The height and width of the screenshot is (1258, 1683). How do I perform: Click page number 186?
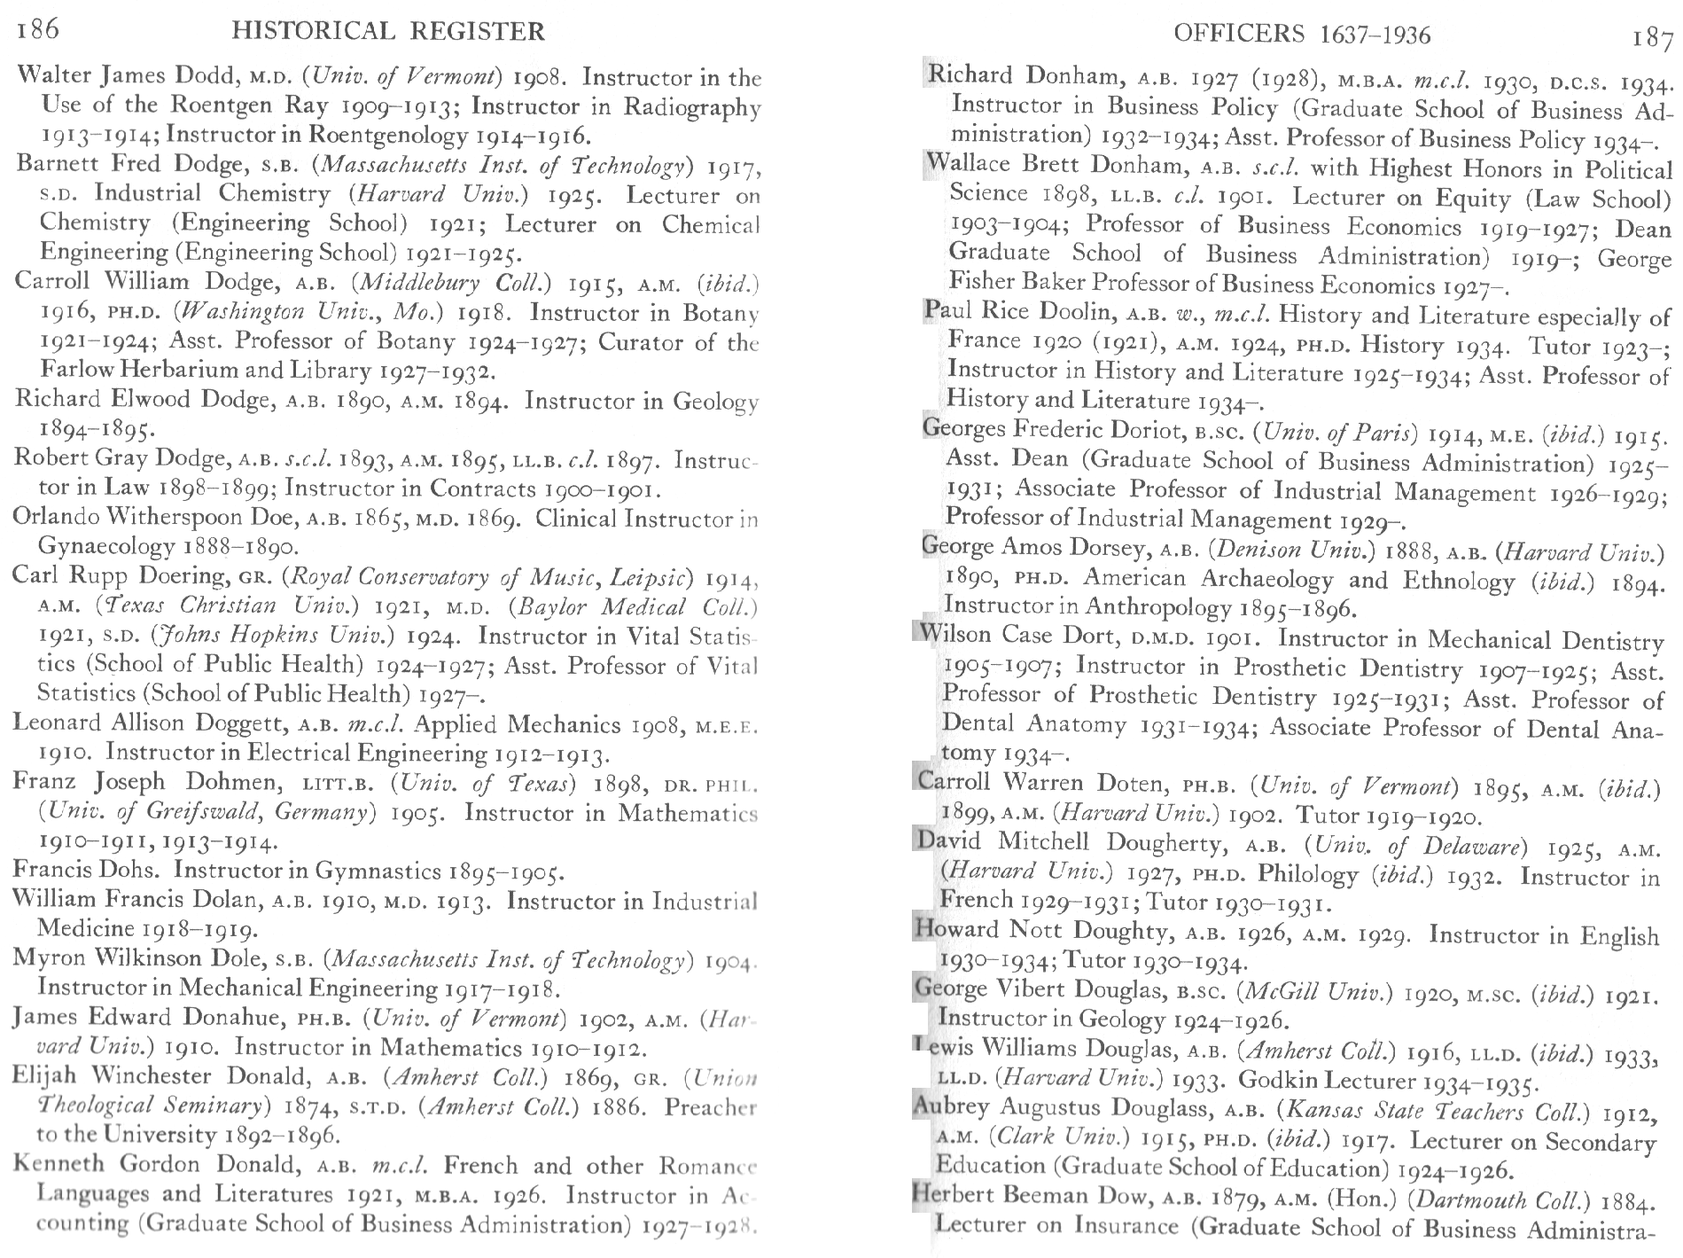(37, 29)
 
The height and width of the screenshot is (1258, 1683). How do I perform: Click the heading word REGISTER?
(480, 33)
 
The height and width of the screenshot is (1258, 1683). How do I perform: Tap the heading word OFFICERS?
(1239, 35)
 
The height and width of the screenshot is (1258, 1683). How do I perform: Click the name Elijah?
(46, 1076)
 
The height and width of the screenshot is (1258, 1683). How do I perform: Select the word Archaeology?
(1266, 579)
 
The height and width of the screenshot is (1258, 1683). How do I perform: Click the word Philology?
(1308, 875)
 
